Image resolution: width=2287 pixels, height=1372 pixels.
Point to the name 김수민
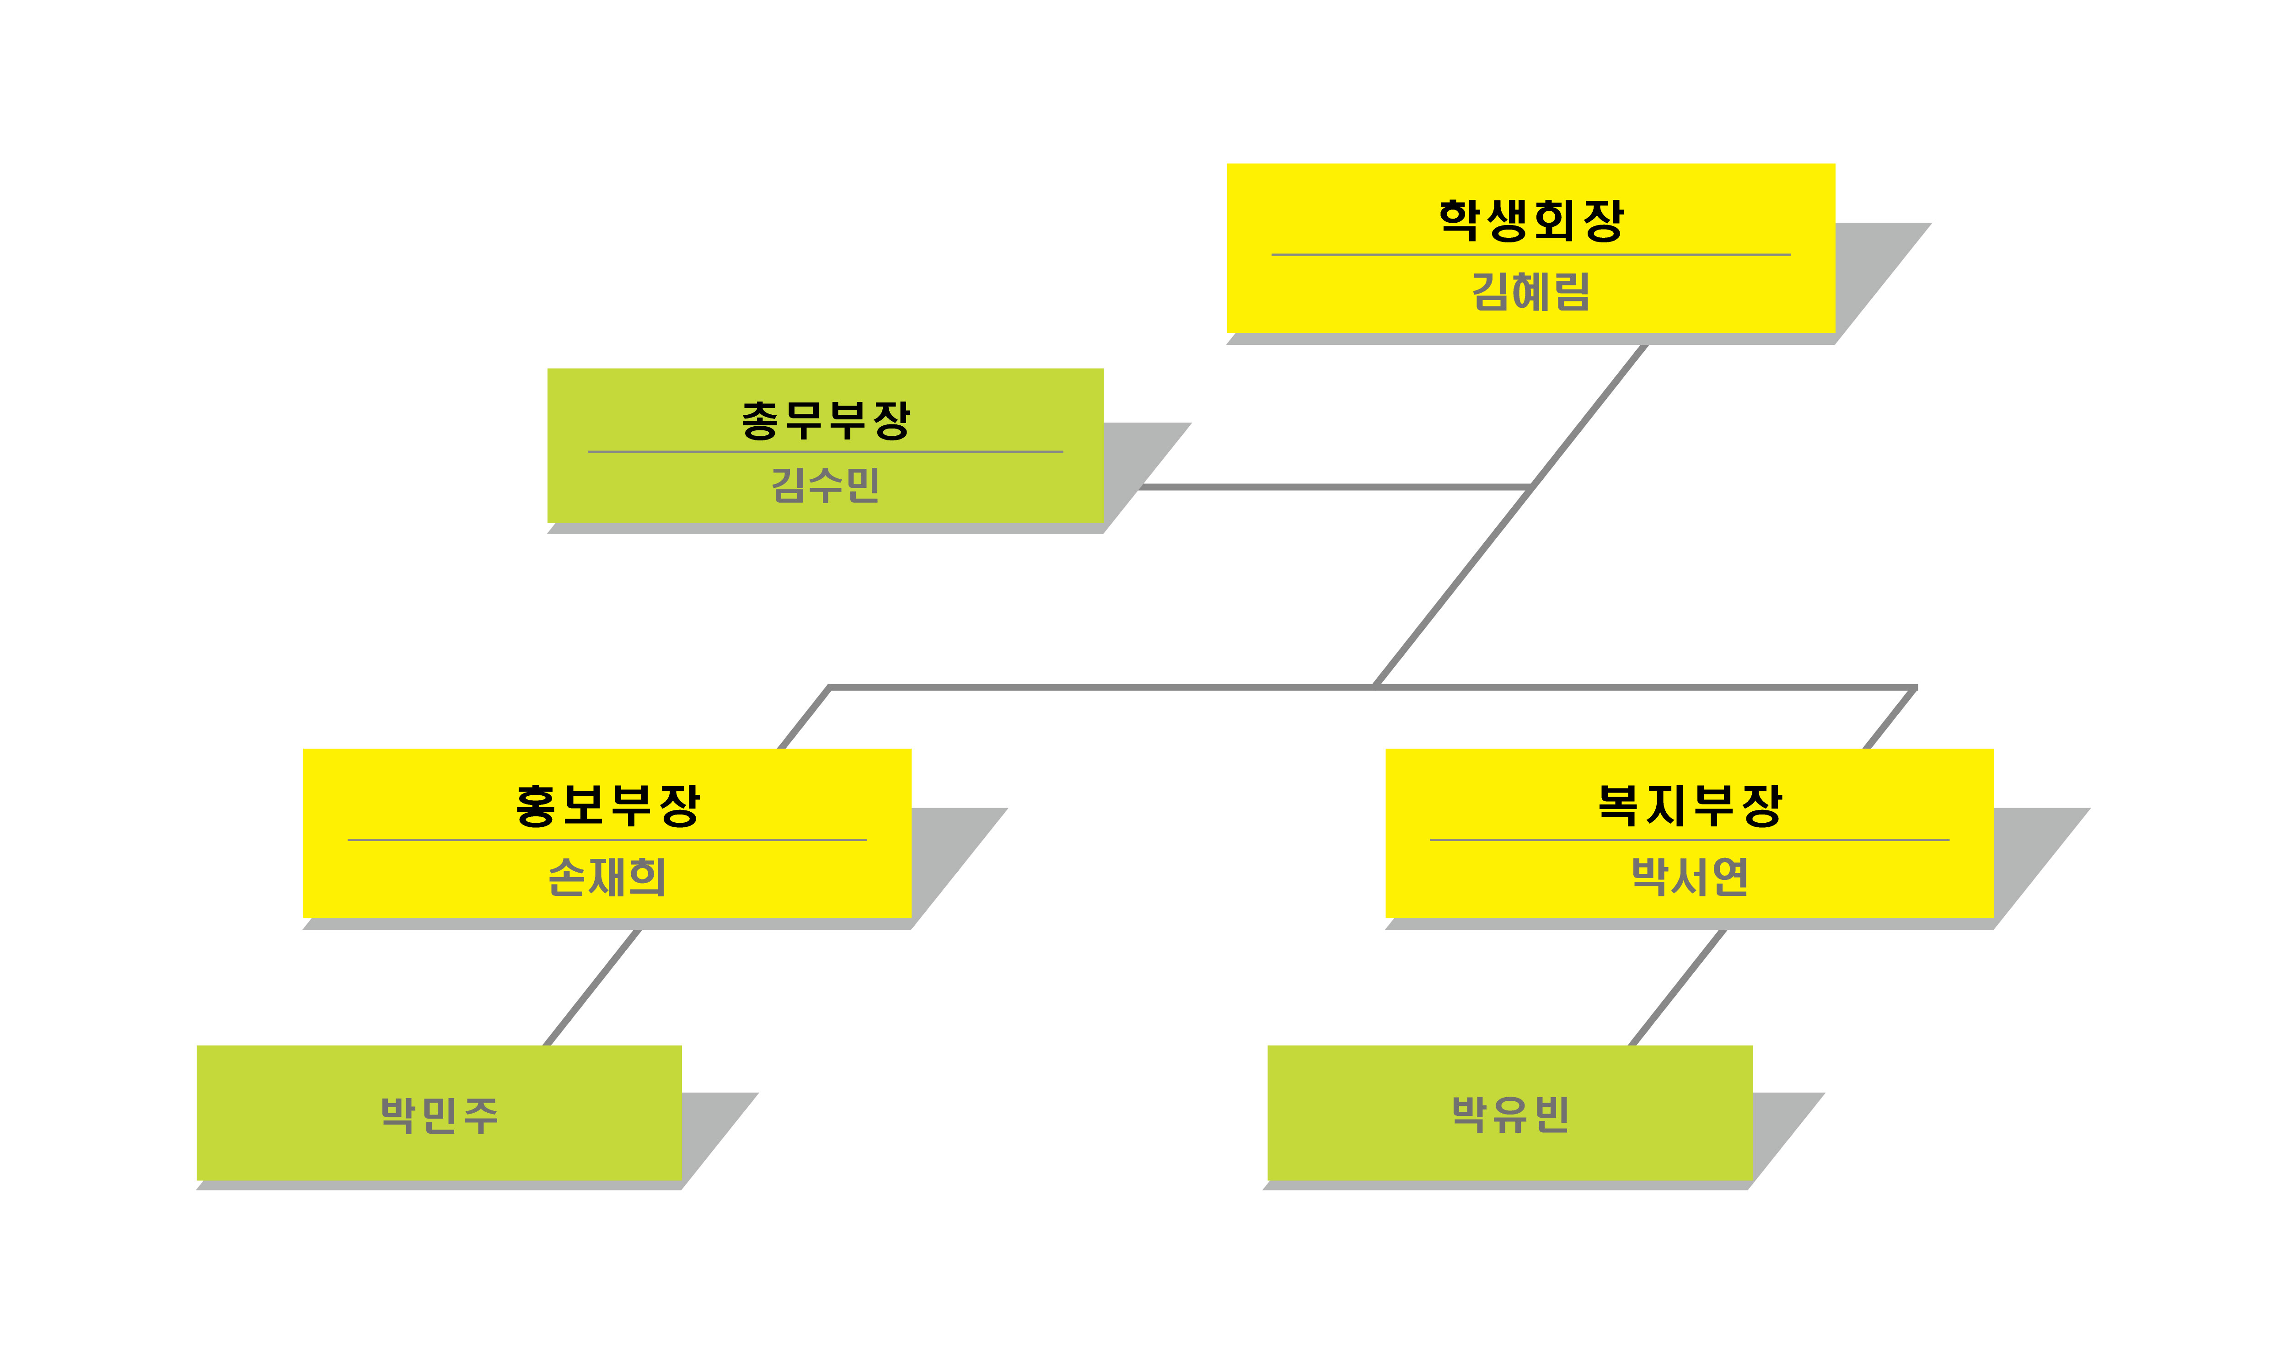(x=826, y=484)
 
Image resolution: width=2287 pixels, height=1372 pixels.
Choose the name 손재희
(x=607, y=876)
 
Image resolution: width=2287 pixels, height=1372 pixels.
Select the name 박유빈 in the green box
(x=1509, y=1114)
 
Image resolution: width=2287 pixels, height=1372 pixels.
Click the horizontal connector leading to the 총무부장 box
(x=1331, y=486)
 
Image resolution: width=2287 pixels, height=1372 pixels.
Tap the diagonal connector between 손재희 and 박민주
(x=591, y=987)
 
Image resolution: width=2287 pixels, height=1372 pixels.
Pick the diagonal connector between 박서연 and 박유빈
(x=1676, y=987)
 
